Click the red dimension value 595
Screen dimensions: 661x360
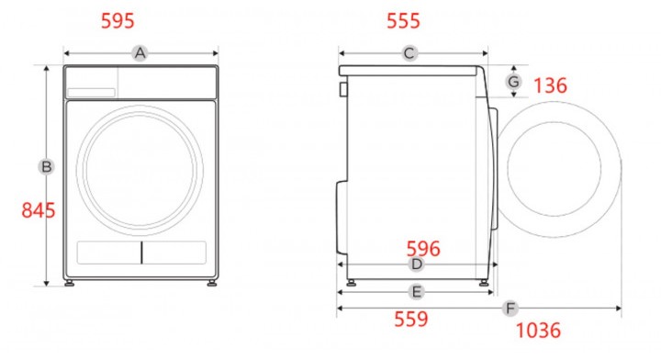pos(118,20)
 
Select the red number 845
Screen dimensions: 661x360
pos(39,210)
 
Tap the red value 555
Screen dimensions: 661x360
pos(403,20)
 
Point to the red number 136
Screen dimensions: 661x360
pos(550,85)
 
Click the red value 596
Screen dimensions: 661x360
pos(423,249)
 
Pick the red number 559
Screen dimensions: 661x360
pos(411,319)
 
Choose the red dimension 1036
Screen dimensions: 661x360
pos(538,330)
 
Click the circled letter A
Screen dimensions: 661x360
pos(140,53)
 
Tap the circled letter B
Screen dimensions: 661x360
pos(47,166)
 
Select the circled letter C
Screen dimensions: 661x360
pos(409,53)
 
